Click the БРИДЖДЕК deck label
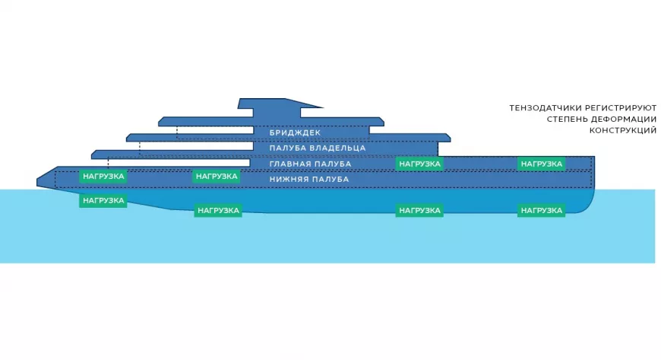pos(295,132)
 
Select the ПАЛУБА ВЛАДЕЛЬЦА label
pos(318,148)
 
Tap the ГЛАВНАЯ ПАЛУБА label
pos(310,164)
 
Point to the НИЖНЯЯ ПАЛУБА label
pos(309,179)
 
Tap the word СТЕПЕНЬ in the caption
pos(567,119)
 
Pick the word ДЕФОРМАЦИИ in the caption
pos(624,119)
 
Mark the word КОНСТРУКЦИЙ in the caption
pos(623,131)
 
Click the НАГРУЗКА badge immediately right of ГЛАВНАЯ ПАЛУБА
pos(419,164)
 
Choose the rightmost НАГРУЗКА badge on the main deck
pos(541,164)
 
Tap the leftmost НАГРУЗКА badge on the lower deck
pos(103,177)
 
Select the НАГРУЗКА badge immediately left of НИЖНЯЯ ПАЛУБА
pos(217,177)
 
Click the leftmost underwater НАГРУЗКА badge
pos(103,201)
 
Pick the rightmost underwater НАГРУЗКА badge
pos(541,210)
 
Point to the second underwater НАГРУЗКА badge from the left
pos(218,210)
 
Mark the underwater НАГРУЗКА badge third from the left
pos(419,210)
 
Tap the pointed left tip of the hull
pos(37,183)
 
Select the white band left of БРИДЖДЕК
pos(215,130)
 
